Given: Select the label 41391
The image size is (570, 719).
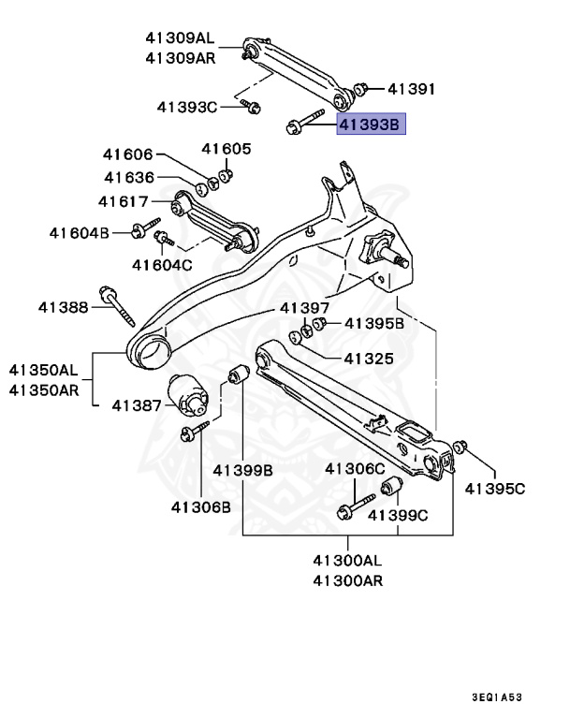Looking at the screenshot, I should pos(413,89).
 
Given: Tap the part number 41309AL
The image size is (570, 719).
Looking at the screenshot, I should pos(180,38).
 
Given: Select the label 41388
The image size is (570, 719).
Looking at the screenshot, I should pos(64,306).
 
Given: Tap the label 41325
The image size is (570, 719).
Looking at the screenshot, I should pos(368,358).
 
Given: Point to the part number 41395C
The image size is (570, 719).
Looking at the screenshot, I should pos(495,488).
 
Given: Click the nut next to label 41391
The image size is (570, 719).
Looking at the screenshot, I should pos(363,89).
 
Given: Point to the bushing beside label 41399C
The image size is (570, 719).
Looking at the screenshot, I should pos(392,488).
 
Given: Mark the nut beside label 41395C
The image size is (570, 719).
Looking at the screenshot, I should pos(462,446).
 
